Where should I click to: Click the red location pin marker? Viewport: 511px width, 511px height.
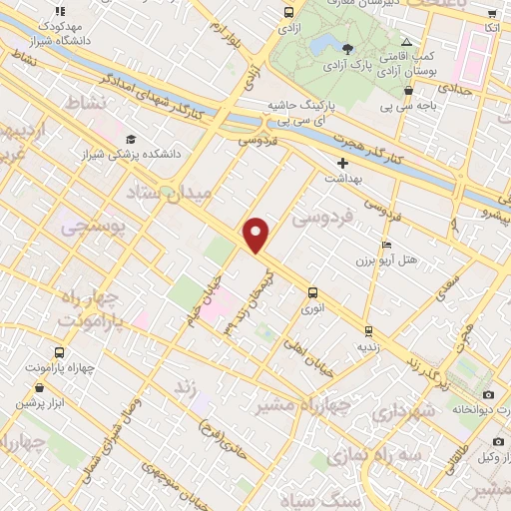(256, 235)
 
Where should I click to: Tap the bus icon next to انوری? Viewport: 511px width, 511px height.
(313, 292)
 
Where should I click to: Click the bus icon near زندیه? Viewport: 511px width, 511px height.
(367, 330)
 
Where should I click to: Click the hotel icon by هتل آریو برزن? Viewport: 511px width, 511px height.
(386, 245)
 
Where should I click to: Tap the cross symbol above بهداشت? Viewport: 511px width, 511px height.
(342, 162)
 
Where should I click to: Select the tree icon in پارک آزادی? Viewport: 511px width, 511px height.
(346, 49)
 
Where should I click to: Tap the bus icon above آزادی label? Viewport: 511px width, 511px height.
(288, 13)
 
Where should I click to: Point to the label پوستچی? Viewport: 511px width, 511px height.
(93, 228)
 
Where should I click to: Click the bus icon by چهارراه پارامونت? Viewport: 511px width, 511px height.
(59, 352)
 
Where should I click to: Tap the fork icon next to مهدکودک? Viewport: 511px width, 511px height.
(60, 11)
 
